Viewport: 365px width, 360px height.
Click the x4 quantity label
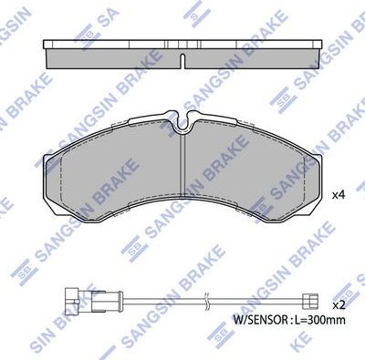point(338,194)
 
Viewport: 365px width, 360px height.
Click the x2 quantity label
point(338,303)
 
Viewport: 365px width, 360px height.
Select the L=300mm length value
point(321,321)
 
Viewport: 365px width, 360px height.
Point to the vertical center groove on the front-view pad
point(182,173)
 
